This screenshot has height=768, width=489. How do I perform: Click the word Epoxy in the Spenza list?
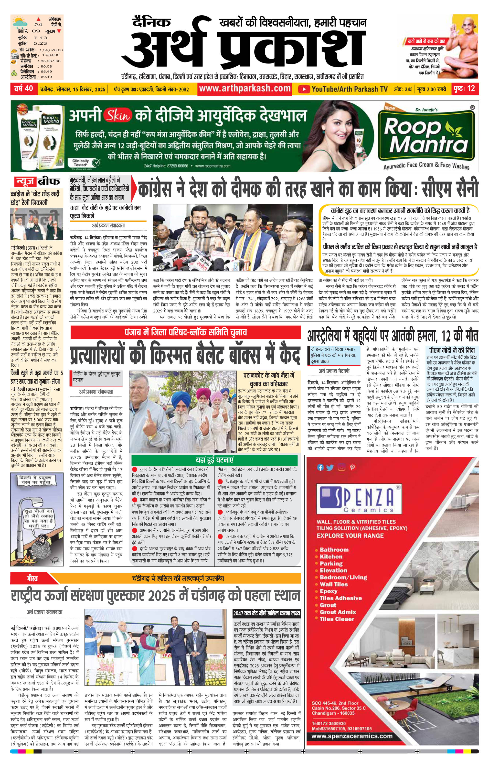[329, 591]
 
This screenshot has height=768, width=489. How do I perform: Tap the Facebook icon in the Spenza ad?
[320, 468]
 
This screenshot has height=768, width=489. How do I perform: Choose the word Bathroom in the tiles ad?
[334, 549]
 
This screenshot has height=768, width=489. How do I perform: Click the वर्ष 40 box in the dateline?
[24, 89]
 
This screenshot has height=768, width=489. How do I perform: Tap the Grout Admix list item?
[338, 612]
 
